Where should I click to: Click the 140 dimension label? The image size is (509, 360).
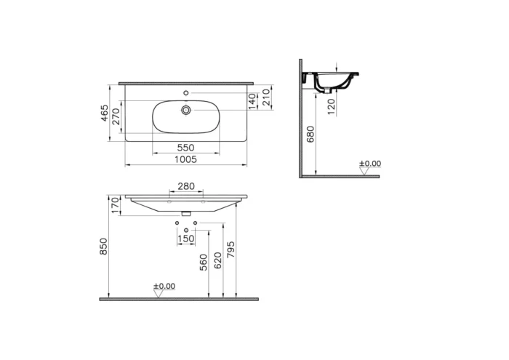[x=252, y=100]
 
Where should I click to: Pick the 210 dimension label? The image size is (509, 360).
[x=266, y=97]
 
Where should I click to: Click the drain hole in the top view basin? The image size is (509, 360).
[x=186, y=110]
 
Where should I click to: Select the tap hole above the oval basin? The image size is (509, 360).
[x=186, y=93]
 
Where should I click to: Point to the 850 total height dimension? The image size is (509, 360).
[x=104, y=247]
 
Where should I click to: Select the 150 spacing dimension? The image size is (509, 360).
[x=186, y=239]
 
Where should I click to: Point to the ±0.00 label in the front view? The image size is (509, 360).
[x=164, y=287]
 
